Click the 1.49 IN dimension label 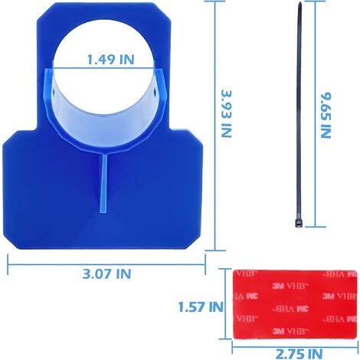click(110, 60)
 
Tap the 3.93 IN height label click(226, 113)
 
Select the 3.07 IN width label click(106, 273)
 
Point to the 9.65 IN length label click(326, 115)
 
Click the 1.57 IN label click(201, 307)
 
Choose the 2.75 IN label click(299, 354)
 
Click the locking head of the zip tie click(299, 223)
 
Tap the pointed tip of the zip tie click(299, 2)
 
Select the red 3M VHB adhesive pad click(295, 304)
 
